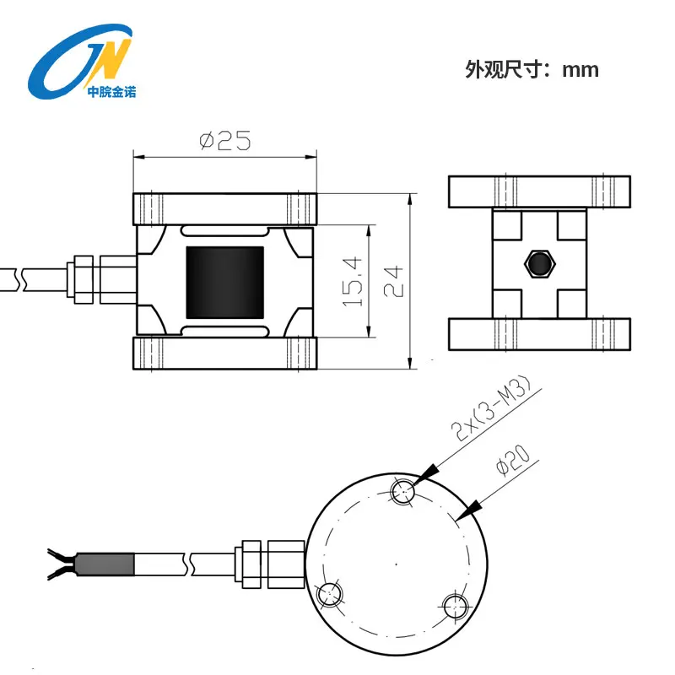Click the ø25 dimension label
pos(224,140)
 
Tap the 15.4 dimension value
pos(352,282)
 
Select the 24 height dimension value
pos(393,282)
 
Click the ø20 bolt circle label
pos(513,460)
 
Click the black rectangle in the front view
pos(224,283)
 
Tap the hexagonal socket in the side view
pos(539,264)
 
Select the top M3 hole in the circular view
pos(403,491)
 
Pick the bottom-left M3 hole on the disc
pos(329,596)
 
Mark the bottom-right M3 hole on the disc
pos(455,606)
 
